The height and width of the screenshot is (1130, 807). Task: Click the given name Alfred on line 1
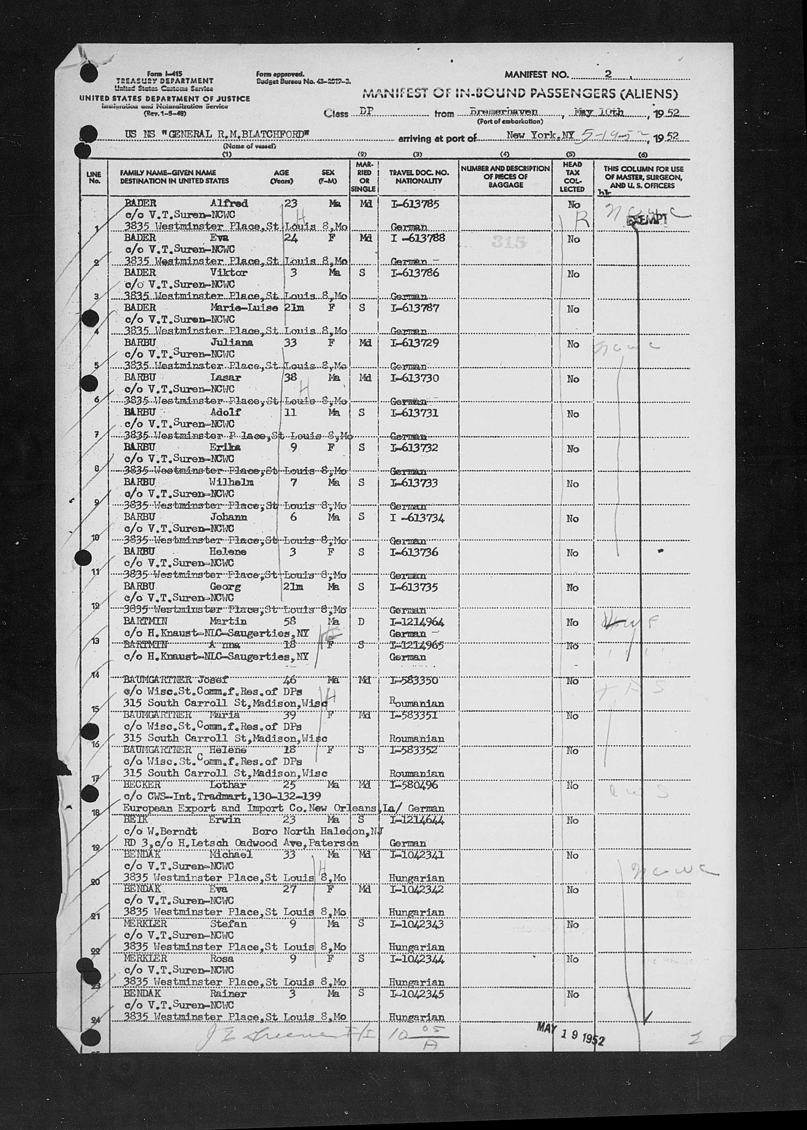229,203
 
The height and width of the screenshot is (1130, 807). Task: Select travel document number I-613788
417,238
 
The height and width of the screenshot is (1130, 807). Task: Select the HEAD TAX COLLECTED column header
572,177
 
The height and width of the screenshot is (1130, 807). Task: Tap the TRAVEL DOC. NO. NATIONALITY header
418,177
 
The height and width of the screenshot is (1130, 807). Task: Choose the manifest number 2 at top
608,75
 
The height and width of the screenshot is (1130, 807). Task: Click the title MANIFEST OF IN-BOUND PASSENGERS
520,93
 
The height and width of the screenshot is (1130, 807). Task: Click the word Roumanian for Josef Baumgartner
416,704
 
